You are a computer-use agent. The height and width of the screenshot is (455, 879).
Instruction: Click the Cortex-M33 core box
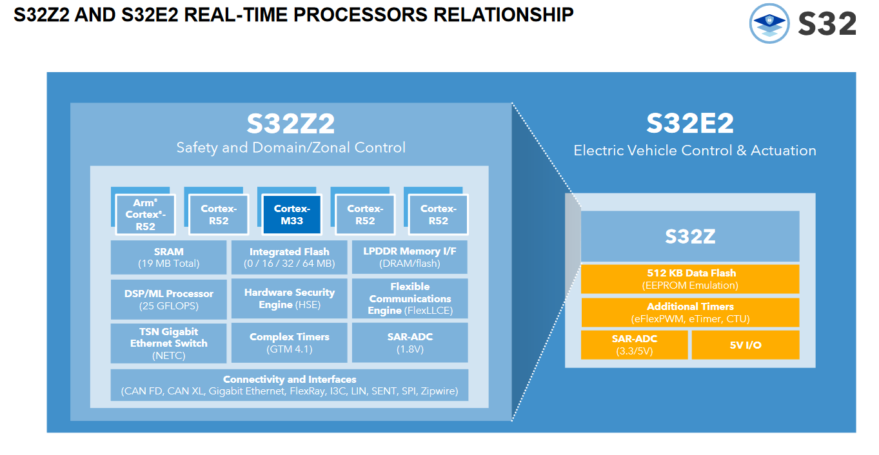pos(291,215)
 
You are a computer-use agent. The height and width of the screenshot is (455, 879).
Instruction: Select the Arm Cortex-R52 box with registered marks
pos(145,215)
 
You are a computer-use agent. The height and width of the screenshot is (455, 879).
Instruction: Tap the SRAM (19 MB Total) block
pos(169,257)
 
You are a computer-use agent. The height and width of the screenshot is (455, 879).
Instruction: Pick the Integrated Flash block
pos(289,257)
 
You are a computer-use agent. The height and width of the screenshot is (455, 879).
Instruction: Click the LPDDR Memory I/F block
pos(410,257)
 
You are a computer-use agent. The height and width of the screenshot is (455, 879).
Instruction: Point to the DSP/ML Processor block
pos(169,299)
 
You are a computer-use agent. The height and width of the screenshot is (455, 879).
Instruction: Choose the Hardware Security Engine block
pos(289,298)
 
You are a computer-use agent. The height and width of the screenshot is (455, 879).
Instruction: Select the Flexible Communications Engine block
pos(410,298)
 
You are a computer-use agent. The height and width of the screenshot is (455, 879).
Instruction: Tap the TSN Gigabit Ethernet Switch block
pos(169,344)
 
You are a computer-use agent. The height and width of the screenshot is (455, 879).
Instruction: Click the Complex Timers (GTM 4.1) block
pos(289,343)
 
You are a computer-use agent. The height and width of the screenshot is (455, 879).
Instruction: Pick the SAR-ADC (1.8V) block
pos(410,343)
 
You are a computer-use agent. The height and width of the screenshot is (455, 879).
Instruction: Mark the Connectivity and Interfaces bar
pos(289,385)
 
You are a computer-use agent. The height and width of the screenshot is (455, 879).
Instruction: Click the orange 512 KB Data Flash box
pos(690,279)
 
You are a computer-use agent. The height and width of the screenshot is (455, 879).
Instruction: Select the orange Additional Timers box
pos(690,312)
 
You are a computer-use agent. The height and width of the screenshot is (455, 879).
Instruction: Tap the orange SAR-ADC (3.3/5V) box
pos(635,345)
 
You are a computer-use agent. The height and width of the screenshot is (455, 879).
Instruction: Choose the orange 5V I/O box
pos(746,345)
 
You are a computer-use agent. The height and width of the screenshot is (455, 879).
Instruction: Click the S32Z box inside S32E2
pos(690,236)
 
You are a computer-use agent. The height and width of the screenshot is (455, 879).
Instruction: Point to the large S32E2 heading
pos(690,123)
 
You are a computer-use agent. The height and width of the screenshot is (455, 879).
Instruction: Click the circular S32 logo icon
pos(769,23)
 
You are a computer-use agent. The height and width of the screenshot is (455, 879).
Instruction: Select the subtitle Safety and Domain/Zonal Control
pos(291,148)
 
